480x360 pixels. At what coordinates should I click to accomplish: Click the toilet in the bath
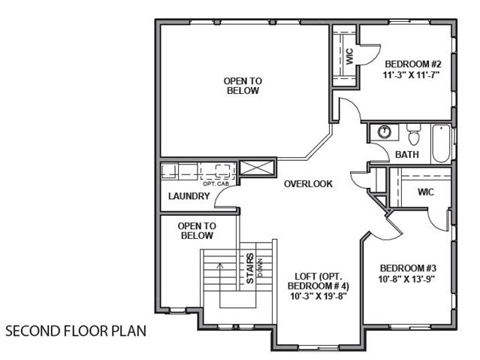414,135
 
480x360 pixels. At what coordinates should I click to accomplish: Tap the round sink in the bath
385,132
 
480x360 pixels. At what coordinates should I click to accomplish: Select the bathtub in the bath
441,144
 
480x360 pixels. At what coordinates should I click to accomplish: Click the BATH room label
407,154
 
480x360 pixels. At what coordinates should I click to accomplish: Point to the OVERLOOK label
308,184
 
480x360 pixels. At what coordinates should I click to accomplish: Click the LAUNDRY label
189,196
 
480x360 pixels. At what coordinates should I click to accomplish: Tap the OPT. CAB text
216,184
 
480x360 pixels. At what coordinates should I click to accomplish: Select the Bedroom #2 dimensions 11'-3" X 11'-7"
412,74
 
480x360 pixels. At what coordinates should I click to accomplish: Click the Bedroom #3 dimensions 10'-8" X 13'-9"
407,279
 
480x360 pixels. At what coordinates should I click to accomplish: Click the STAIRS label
250,268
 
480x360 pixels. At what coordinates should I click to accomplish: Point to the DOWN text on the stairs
260,268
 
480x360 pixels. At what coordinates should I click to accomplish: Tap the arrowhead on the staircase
220,265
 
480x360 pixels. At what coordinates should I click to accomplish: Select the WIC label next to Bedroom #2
349,56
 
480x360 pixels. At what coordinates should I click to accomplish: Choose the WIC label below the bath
426,192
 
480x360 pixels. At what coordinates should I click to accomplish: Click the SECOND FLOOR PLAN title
76,331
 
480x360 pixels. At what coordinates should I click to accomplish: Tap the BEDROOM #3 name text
408,268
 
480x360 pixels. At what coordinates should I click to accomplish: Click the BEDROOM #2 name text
413,64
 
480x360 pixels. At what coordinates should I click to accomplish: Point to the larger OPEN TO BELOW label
243,86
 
